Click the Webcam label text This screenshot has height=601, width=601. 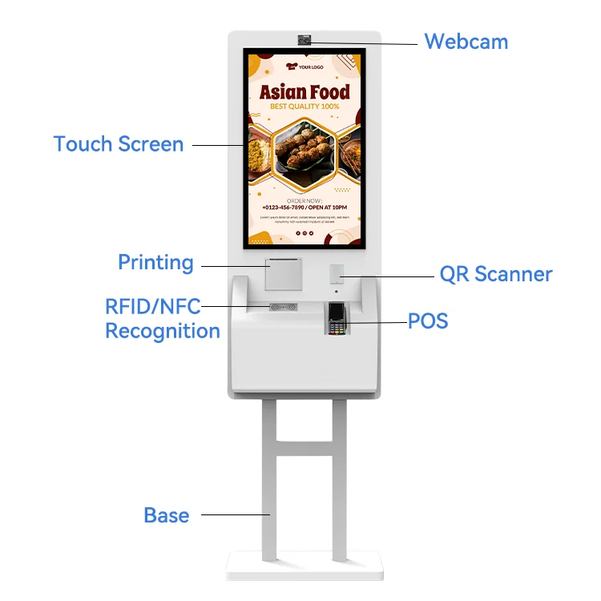466,41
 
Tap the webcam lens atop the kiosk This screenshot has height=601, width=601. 305,40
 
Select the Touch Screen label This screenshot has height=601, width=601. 119,144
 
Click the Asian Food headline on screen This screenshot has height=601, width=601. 305,91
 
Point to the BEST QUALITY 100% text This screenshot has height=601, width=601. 305,107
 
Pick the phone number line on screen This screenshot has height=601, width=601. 305,208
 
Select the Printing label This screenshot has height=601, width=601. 155,262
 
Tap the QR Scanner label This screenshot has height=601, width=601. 496,274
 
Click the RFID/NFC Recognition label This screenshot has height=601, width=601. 163,318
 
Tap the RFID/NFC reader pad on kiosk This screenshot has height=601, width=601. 283,307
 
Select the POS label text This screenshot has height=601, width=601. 427,322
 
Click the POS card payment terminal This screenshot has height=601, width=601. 337,319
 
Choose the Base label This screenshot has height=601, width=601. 166,515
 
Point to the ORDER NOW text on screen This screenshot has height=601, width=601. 305,200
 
